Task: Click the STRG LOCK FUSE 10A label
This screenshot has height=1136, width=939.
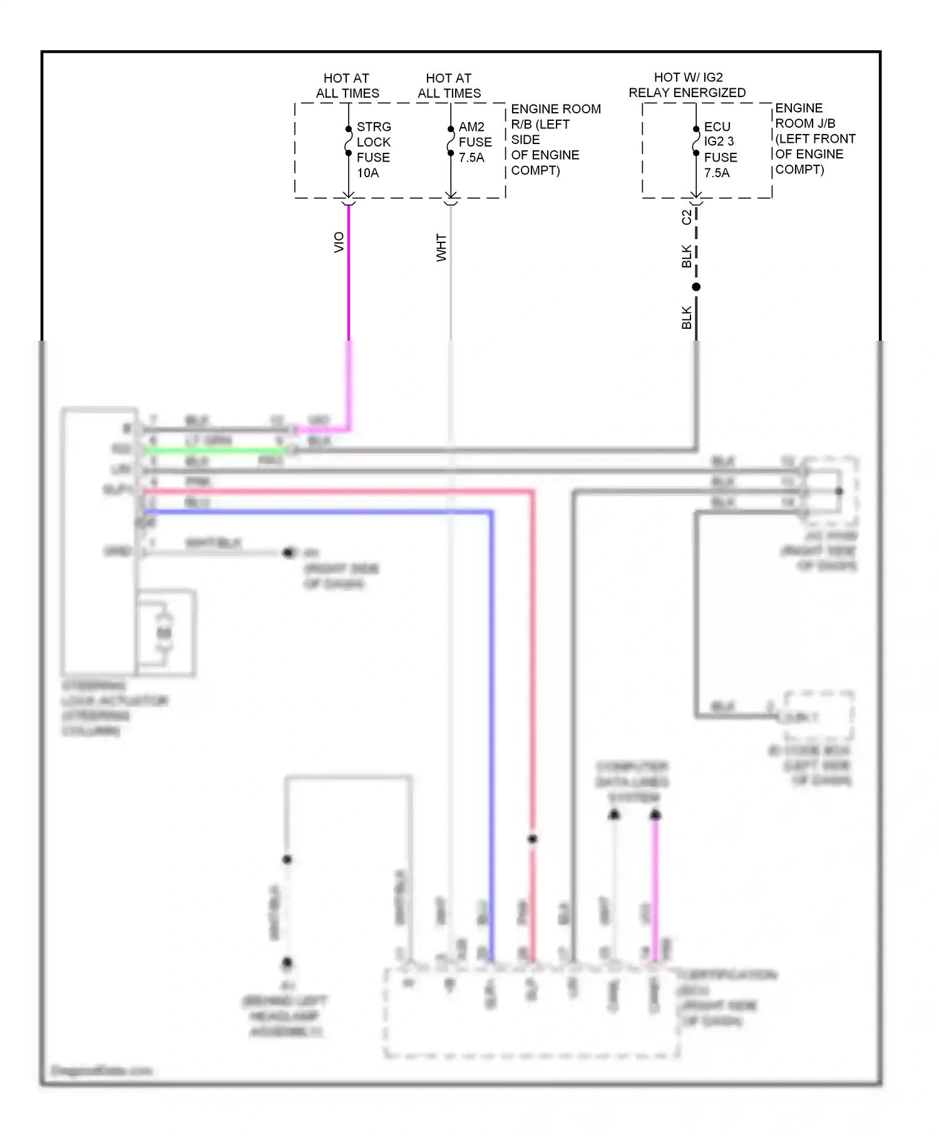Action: coord(373,150)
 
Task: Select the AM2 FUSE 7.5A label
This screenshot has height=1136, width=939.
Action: coord(475,142)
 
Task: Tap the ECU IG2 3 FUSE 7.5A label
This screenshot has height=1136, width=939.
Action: coord(720,150)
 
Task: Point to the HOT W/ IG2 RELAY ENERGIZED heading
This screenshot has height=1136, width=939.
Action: coord(687,85)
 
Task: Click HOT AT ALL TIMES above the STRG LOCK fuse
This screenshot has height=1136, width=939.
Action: coord(347,86)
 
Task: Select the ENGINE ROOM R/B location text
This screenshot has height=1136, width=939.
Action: coord(555,140)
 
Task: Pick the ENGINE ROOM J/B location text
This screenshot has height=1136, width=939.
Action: coord(814,138)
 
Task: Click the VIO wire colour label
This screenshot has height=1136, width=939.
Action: coord(339,242)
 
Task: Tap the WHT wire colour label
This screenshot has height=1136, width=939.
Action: coord(441,248)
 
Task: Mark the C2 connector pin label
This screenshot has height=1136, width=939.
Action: coord(687,217)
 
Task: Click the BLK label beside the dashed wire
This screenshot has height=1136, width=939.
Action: coord(687,256)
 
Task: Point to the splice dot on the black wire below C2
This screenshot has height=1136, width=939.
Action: coord(696,287)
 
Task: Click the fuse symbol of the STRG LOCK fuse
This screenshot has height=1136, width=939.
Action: coord(349,141)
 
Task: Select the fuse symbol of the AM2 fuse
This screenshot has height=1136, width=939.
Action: coord(451,141)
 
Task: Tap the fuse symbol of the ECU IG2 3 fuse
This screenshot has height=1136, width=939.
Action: coord(696,141)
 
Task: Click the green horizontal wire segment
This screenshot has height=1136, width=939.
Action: coord(213,450)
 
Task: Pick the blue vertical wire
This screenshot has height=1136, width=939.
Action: coord(491,720)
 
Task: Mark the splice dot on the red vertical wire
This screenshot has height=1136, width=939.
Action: coord(532,839)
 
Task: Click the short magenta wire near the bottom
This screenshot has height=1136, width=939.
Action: coord(655,889)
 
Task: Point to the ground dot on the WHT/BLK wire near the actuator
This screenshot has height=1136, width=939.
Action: coord(288,552)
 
